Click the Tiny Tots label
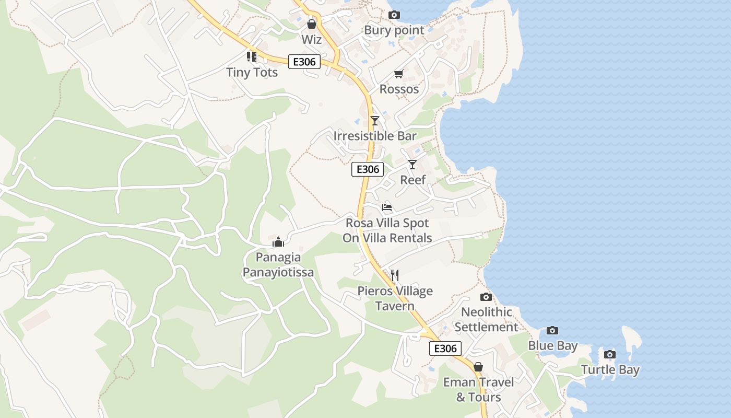coord(252,72)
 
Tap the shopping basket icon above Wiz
coord(312,24)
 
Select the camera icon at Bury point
coord(394,15)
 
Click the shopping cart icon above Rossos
coord(399,74)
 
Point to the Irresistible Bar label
coord(375,136)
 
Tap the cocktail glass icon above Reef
coord(412,165)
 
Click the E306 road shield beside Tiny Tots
coord(304,62)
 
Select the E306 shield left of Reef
coord(368,169)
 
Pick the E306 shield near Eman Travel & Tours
coord(445,349)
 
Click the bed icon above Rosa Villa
coord(387,207)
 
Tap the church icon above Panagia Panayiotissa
coord(278,242)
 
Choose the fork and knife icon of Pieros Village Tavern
coord(395,275)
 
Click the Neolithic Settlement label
coord(486,319)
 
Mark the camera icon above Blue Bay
coord(552,330)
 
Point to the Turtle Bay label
coord(610,370)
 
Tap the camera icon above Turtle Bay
coord(609,354)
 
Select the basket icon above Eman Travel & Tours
coord(478,367)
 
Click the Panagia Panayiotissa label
coord(278,264)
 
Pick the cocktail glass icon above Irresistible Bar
coord(374,121)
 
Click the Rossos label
coord(399,89)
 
